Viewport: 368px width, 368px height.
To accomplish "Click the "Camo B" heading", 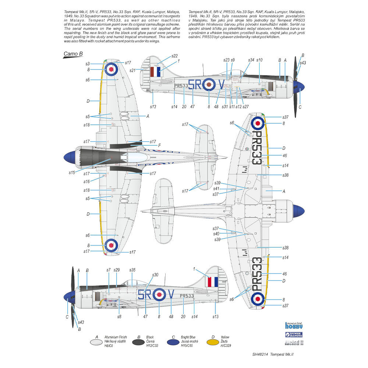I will [x=73, y=54].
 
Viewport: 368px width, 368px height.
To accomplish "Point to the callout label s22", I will [x=174, y=56].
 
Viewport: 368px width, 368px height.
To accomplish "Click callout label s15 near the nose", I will [x=72, y=172].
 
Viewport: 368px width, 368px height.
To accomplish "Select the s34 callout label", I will [x=251, y=60].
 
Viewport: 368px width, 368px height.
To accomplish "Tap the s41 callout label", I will [x=216, y=188].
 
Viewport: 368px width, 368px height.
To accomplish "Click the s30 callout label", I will [x=155, y=275].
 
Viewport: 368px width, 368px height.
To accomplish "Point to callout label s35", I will [x=132, y=270].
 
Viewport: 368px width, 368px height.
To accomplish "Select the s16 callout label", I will [x=86, y=181].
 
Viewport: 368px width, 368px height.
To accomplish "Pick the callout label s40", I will [x=216, y=234].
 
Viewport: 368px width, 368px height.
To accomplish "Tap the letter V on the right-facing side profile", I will [x=221, y=85].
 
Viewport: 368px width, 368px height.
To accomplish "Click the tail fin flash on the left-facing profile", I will [x=212, y=282].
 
